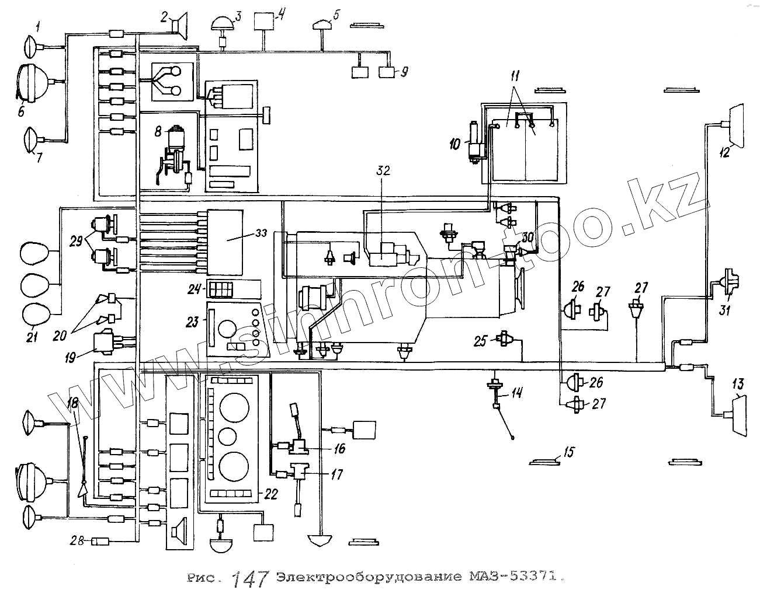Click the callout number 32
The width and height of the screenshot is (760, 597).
pos(383,170)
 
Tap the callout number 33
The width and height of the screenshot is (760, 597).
pos(261,233)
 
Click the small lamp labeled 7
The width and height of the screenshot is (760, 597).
pos(30,141)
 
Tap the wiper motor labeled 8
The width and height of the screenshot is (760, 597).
pos(174,140)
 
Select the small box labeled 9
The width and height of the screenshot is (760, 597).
pos(387,72)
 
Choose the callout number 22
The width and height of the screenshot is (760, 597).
pos(270,495)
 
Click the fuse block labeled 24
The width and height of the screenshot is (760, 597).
pos(221,288)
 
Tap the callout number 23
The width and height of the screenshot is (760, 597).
pos(192,322)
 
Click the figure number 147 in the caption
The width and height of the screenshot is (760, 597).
pos(250,578)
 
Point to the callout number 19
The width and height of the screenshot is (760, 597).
pos(71,357)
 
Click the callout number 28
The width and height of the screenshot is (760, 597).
pos(77,541)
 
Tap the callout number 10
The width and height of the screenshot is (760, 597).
pos(454,144)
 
